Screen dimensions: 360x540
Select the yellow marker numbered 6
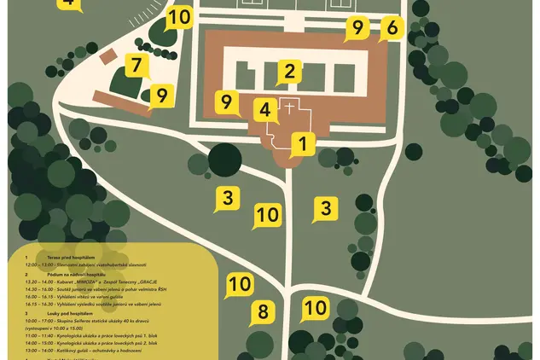pyautogui.click(x=392, y=28)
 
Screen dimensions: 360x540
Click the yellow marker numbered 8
pyautogui.click(x=263, y=311)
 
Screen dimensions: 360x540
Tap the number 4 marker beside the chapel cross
pyautogui.click(x=265, y=109)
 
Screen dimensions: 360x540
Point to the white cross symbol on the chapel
pyautogui.click(x=289, y=109)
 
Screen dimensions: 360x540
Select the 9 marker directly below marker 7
pyautogui.click(x=160, y=95)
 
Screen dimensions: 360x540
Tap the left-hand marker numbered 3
pyautogui.click(x=226, y=198)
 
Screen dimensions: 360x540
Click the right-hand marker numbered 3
pyautogui.click(x=325, y=207)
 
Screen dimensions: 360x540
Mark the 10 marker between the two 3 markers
pyautogui.click(x=267, y=216)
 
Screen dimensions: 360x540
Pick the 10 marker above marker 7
pyautogui.click(x=179, y=18)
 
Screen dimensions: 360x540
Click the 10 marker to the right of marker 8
pyautogui.click(x=316, y=307)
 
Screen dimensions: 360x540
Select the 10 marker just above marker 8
pyautogui.click(x=240, y=285)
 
